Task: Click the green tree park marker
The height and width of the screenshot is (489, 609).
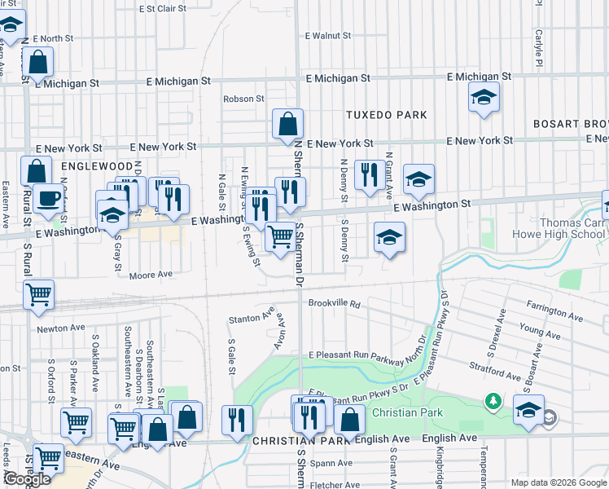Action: tap(493, 401)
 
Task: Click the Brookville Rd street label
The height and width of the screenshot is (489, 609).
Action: tap(334, 303)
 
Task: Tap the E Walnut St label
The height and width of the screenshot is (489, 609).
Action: tap(328, 36)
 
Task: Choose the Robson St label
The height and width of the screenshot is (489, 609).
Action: tap(244, 99)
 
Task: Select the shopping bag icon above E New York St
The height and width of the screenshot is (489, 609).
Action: tap(287, 126)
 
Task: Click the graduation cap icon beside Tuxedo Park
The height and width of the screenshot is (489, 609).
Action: tap(484, 99)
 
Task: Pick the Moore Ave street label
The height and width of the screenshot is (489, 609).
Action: tap(151, 275)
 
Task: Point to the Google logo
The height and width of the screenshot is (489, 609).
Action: tap(27, 479)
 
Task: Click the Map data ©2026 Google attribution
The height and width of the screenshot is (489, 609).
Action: tap(558, 482)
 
